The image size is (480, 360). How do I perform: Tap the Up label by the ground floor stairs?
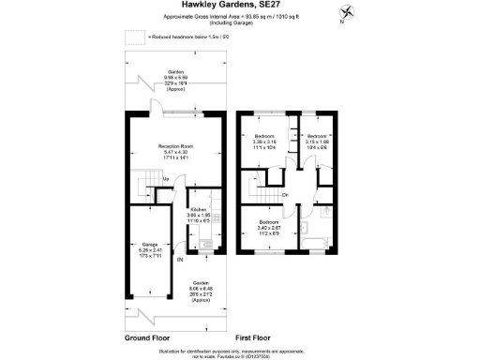tap(166, 179)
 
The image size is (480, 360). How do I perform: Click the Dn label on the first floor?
tap(284, 195)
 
